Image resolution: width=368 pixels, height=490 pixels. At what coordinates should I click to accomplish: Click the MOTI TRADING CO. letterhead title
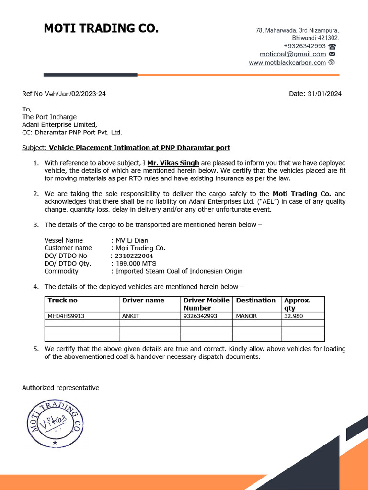coord(101,29)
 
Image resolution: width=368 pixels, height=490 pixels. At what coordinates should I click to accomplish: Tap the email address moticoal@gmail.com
coord(293,54)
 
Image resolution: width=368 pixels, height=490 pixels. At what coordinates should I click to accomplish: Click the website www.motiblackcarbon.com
coord(287,63)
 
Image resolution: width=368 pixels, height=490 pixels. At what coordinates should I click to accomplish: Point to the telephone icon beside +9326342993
coord(333,46)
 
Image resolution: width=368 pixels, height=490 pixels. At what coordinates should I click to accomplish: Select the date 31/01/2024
coord(324,94)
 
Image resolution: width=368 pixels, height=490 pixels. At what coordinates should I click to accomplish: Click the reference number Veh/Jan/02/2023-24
coord(75,94)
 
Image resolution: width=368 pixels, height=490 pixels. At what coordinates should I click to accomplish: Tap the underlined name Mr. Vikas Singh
coord(173,163)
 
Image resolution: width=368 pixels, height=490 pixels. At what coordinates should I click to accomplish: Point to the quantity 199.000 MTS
coord(136,264)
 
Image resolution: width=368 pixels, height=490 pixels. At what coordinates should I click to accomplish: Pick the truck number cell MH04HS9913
coord(66,316)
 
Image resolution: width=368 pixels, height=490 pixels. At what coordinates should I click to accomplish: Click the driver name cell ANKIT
coord(131,316)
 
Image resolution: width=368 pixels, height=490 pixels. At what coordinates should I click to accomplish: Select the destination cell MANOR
coord(247,316)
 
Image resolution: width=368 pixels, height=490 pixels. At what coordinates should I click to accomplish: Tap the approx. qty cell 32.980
coord(294,316)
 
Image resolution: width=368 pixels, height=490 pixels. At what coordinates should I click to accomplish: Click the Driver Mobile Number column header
coord(206,304)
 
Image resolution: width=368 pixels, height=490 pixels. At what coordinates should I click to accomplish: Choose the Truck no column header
coord(62,301)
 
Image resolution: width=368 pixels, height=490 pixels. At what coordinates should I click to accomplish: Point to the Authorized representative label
coord(60,388)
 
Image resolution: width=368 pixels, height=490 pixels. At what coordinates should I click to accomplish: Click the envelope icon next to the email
coord(332,55)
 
